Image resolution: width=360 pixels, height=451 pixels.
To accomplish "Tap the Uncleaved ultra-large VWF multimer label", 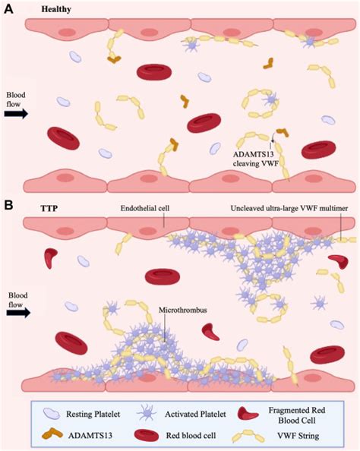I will pyautogui.click(x=292, y=207).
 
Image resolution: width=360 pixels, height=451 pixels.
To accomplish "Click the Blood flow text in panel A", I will pyautogui.click(x=16, y=99).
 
